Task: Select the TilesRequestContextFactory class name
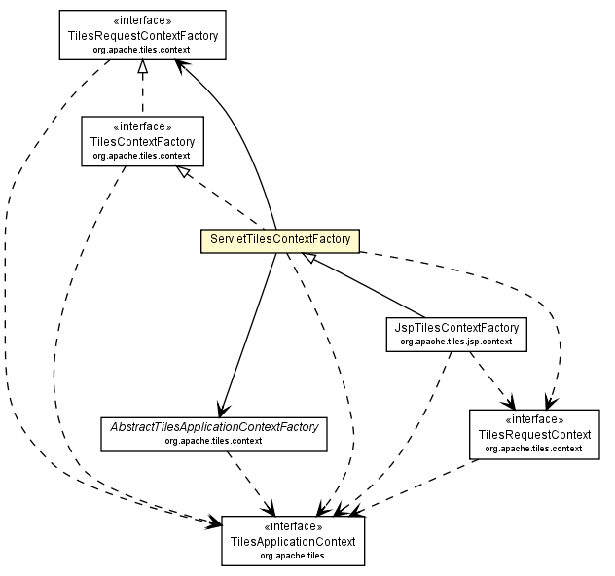coord(142,36)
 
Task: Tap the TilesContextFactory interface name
coord(143,141)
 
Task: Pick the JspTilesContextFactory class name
coord(455,328)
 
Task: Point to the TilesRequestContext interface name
coord(533,434)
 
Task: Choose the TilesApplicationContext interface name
coord(292,541)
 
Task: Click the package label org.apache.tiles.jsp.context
coord(455,342)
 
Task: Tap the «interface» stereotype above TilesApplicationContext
coord(292,526)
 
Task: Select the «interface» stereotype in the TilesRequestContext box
coord(533,419)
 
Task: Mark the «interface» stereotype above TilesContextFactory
coord(143,126)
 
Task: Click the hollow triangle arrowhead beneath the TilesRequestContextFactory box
coord(143,67)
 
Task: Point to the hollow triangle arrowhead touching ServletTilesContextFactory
coord(307,257)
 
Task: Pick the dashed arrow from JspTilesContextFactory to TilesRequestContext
coord(491,379)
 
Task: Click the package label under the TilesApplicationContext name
coord(292,555)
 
